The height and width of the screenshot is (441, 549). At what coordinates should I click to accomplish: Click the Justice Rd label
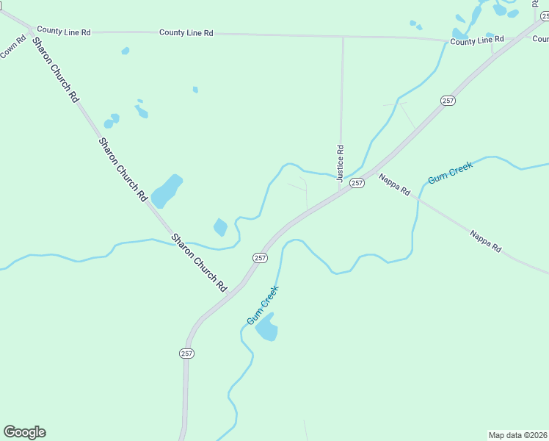click(341, 162)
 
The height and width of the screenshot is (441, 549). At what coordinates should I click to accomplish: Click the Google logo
click(24, 431)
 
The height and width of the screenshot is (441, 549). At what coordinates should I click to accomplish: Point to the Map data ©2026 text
click(517, 435)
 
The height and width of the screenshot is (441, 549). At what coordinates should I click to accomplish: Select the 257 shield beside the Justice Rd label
click(357, 182)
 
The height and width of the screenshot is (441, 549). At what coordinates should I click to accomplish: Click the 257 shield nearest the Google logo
click(186, 354)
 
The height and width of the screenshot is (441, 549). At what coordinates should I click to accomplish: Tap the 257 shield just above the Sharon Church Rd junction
click(260, 257)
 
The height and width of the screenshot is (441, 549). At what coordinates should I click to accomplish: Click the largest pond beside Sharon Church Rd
click(167, 190)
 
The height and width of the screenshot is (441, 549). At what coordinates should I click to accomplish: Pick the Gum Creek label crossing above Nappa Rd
click(451, 172)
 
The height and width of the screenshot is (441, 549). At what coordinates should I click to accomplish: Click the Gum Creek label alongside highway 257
click(263, 306)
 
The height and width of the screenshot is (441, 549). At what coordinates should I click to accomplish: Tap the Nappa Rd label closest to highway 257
click(394, 184)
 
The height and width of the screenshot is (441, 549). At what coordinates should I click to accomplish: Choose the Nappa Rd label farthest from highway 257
click(485, 241)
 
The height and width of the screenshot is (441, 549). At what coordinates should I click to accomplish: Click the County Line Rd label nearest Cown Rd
click(64, 31)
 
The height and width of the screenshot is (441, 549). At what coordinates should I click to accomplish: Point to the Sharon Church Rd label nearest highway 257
click(199, 262)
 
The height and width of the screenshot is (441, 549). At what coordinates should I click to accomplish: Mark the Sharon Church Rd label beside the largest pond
click(123, 170)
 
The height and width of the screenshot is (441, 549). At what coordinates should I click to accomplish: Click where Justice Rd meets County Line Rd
click(343, 35)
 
